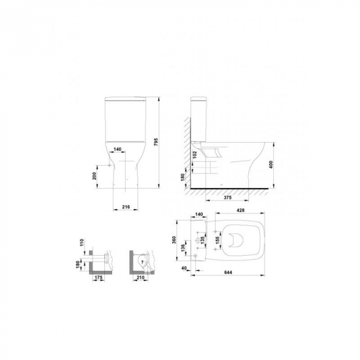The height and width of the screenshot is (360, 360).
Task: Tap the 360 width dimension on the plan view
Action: (174, 240)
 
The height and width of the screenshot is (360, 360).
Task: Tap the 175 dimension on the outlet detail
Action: (100, 278)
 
